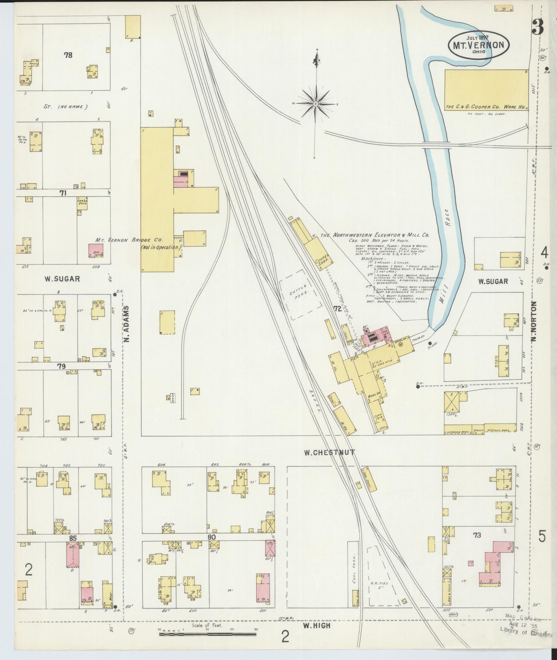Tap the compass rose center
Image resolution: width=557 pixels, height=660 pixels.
(x=316, y=103)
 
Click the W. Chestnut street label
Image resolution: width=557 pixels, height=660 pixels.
(x=329, y=453)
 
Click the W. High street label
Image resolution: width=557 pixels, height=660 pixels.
(x=317, y=625)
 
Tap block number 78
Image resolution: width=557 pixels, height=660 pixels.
(x=68, y=55)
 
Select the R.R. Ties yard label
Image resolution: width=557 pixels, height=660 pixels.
(x=381, y=584)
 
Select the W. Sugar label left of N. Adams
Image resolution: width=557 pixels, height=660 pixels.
(x=62, y=279)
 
